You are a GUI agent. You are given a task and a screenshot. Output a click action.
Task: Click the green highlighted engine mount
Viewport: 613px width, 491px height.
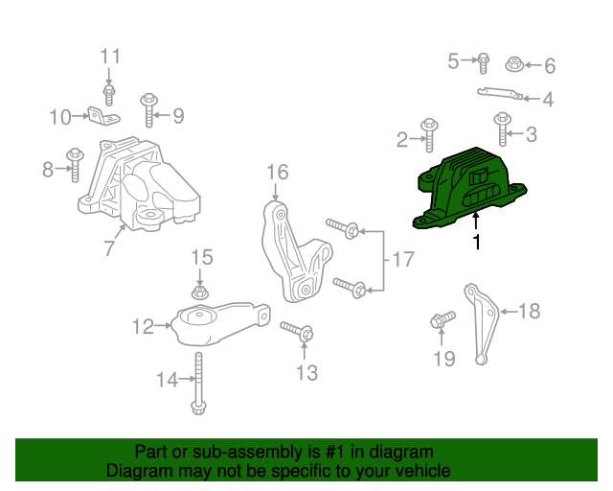point(469,190)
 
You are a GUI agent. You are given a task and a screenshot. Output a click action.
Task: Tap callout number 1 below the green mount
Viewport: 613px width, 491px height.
point(476,244)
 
